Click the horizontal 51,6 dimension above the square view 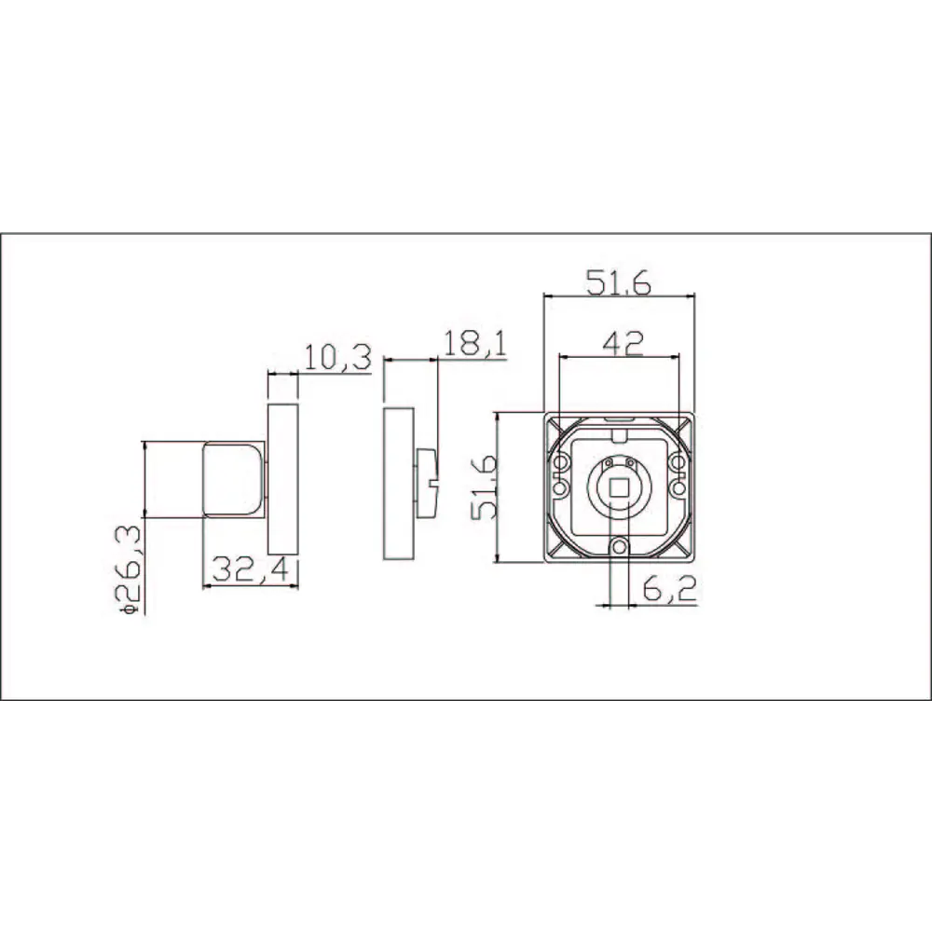[619, 282]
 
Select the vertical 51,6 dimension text [484, 487]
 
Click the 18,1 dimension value [475, 344]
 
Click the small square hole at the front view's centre [618, 487]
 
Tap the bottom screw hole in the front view [618, 548]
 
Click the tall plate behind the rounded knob [282, 478]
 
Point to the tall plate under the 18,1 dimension [399, 483]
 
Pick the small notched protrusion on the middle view [428, 482]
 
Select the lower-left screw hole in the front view [559, 488]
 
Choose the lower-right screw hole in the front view [678, 488]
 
